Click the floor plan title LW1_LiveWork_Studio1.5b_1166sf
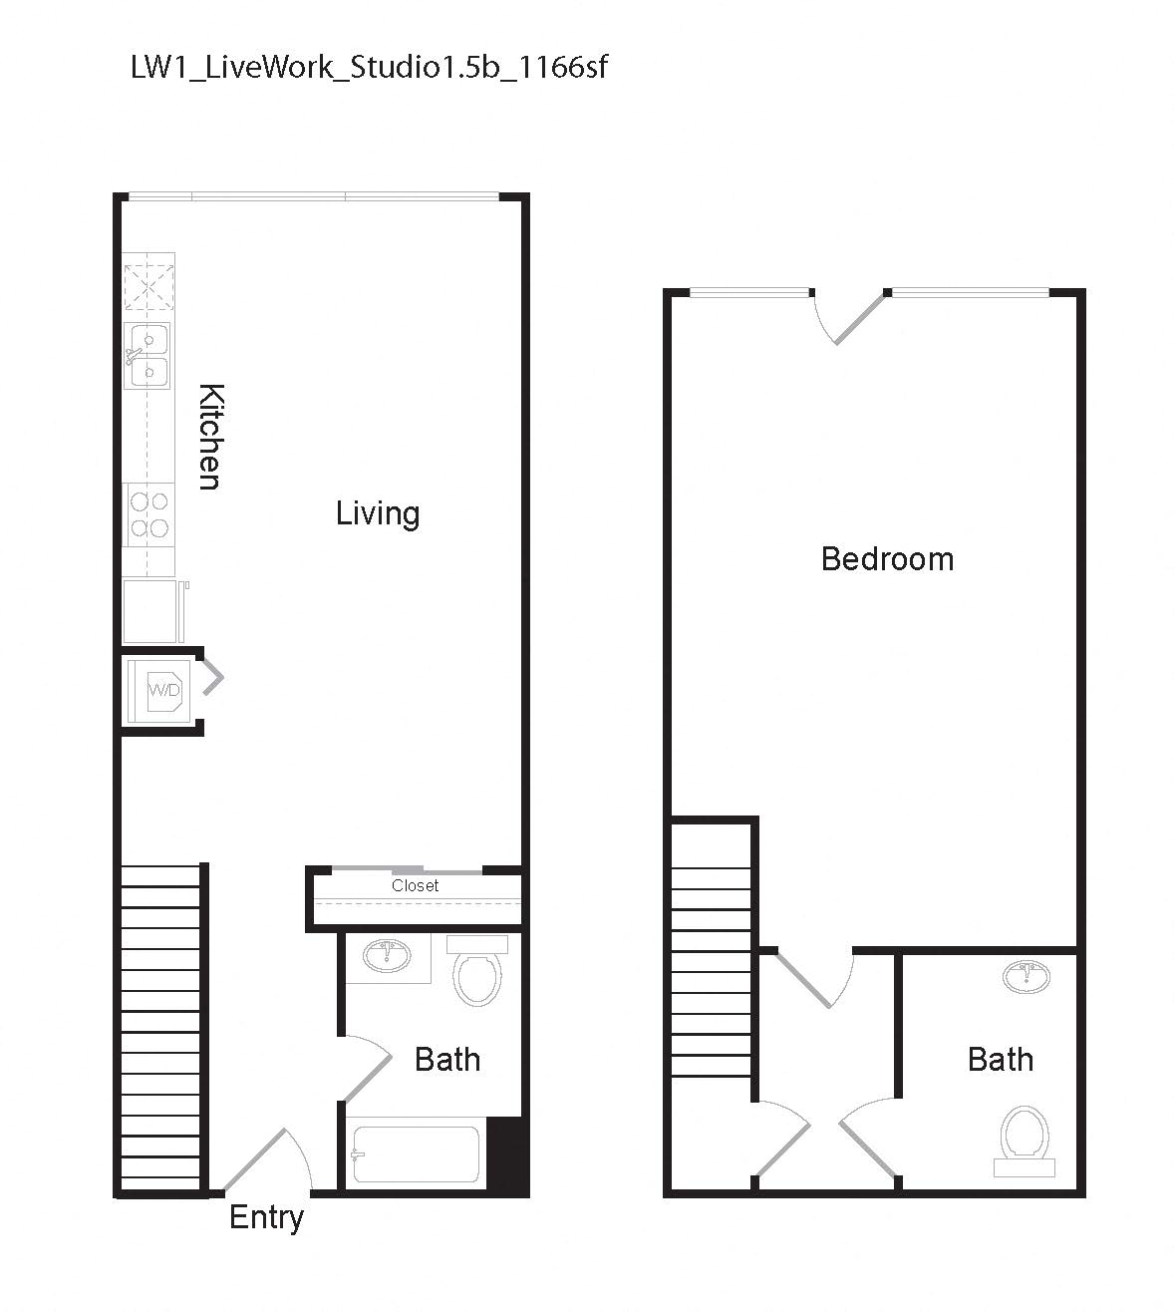[x=369, y=68]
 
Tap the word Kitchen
[x=209, y=436]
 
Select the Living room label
[x=377, y=513]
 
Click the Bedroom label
[x=887, y=558]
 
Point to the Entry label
[x=266, y=1217]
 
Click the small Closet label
[x=415, y=885]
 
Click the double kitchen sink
[x=147, y=356]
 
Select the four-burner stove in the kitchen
[x=147, y=514]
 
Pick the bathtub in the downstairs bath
[x=415, y=1154]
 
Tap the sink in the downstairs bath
[x=386, y=957]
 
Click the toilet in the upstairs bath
[x=1025, y=1137]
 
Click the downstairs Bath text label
[x=446, y=1059]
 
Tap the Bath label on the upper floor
[x=1000, y=1059]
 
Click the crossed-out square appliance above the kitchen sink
[x=148, y=282]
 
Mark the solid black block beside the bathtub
[x=507, y=1154]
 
